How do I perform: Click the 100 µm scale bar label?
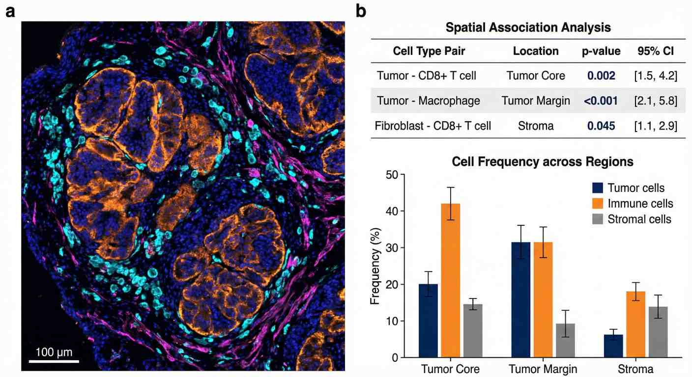click(x=54, y=352)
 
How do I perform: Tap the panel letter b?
click(x=361, y=12)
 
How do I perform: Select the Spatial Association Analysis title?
click(x=528, y=27)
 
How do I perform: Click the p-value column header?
click(x=601, y=51)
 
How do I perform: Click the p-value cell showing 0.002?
click(x=601, y=76)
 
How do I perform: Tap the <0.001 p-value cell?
click(x=601, y=101)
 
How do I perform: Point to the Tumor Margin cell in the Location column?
click(x=536, y=101)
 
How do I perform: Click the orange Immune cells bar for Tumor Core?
click(x=450, y=280)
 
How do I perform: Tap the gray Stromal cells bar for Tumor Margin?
click(x=565, y=340)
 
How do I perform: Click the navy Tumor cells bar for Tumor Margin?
click(x=520, y=299)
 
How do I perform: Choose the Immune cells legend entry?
click(x=640, y=203)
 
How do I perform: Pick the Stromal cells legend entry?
click(x=639, y=219)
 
